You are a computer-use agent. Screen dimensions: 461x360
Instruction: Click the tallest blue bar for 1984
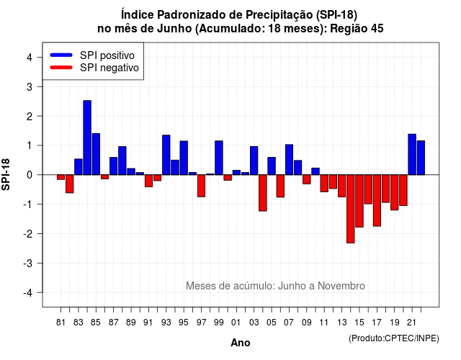(87, 138)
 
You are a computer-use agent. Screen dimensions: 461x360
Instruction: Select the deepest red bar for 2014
(351, 209)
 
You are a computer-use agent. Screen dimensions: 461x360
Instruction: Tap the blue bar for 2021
(412, 154)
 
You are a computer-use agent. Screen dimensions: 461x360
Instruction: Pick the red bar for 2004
(262, 193)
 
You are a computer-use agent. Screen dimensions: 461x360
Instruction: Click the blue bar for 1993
(166, 155)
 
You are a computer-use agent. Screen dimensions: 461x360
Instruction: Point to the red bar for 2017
(377, 200)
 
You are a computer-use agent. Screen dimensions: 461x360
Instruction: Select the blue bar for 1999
(219, 158)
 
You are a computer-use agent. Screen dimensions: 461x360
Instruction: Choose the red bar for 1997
(202, 186)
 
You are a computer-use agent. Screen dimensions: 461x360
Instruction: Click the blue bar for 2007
(289, 160)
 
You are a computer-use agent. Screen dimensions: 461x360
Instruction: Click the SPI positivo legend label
(107, 55)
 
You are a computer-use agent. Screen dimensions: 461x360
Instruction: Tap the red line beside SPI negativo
(61, 68)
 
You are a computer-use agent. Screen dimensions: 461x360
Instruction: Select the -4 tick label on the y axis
(28, 293)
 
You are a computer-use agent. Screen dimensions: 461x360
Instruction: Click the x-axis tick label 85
(96, 323)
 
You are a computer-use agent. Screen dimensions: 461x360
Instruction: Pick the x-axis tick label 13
(342, 323)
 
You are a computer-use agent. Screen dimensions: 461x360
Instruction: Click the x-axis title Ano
(241, 343)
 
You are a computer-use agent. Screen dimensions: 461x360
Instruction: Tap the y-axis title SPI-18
(6, 174)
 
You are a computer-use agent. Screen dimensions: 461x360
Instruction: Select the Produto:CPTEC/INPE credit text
(394, 338)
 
